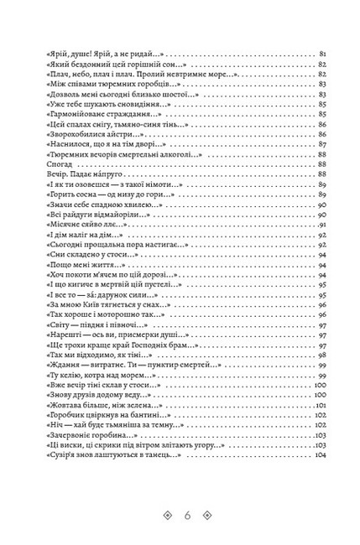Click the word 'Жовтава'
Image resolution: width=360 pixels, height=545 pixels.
pos(57,405)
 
